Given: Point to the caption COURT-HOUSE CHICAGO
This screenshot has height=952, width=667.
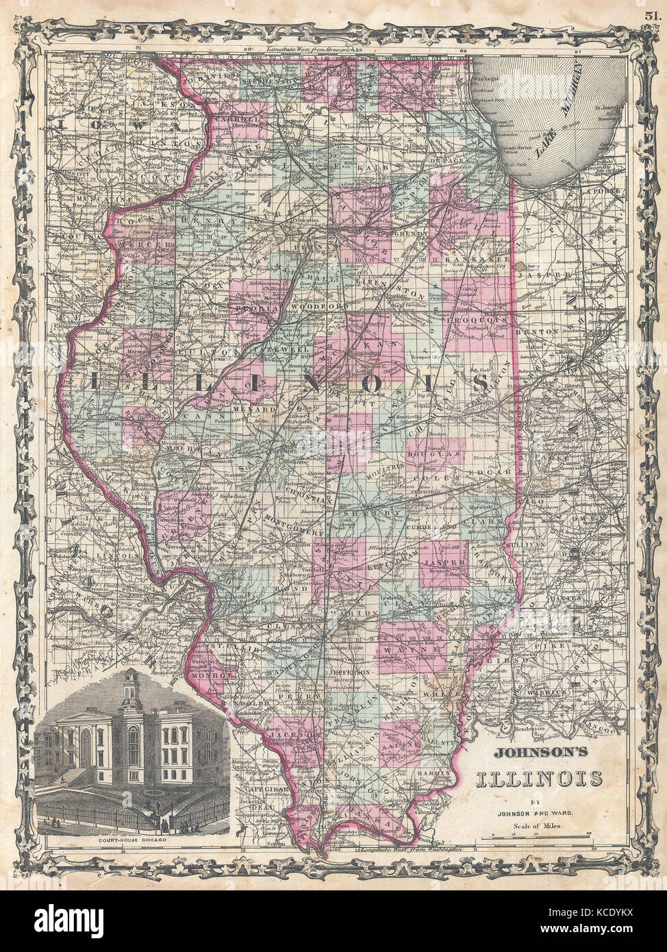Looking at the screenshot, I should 130,840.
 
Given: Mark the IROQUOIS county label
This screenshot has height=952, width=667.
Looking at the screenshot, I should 477,319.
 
